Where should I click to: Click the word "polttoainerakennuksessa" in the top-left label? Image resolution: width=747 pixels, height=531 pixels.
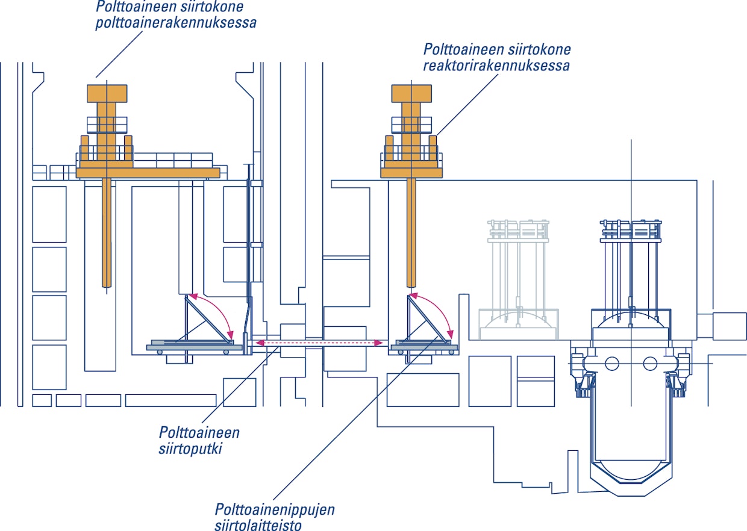(x=177, y=23)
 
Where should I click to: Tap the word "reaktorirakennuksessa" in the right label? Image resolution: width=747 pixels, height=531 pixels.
(x=496, y=66)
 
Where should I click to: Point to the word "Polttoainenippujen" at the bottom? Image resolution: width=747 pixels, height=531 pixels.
(x=274, y=510)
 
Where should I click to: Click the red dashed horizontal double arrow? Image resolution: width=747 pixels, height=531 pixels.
(x=318, y=343)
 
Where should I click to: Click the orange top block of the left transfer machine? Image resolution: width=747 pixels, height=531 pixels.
(x=107, y=93)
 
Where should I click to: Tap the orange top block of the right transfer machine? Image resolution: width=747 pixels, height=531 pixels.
(x=411, y=93)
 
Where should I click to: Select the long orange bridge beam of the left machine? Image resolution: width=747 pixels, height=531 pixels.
(x=148, y=173)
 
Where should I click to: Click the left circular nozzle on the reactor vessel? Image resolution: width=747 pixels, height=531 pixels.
(x=611, y=363)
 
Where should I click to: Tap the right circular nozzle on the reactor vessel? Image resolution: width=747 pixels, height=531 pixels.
(x=649, y=363)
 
